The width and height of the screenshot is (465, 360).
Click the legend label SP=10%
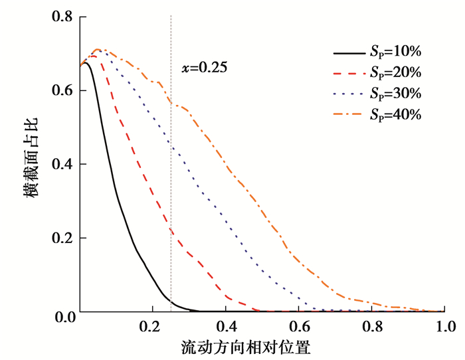396,52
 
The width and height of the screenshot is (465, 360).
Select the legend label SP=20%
396,72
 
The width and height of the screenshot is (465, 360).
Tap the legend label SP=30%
396,93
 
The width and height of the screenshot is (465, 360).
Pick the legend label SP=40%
396,114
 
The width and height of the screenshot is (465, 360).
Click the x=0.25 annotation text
205,67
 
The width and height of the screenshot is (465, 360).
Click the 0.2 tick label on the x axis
153,327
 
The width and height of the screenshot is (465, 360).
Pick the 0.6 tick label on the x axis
299,327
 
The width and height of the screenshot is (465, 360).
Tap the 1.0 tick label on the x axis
444,327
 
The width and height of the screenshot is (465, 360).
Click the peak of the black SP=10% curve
86,62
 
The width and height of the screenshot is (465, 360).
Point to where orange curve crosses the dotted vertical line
171,102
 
